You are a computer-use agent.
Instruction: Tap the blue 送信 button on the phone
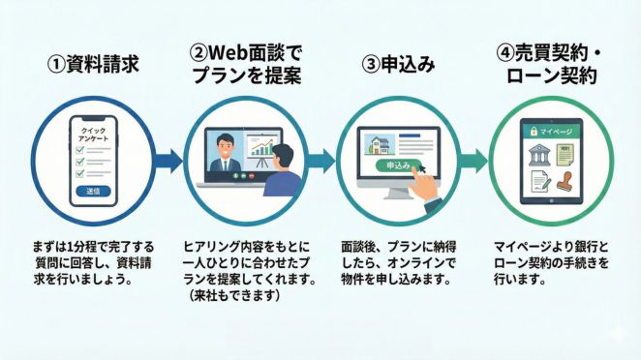click(92, 192)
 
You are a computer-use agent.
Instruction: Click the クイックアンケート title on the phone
click(92, 134)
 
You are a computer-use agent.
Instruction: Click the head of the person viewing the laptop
click(281, 155)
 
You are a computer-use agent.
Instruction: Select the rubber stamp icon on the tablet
click(567, 182)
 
